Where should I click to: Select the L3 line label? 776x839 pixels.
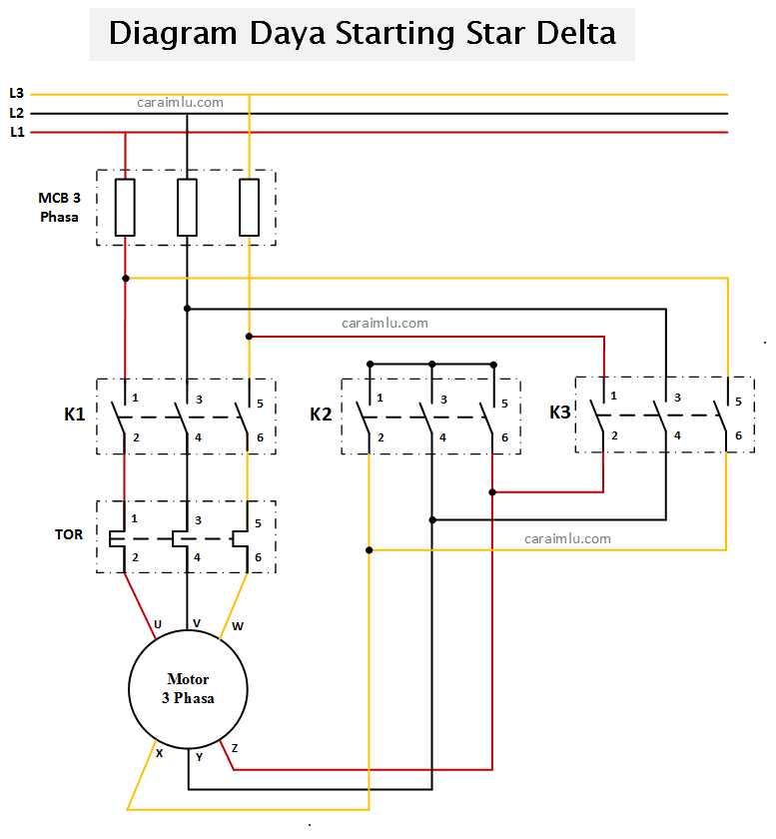(x=16, y=93)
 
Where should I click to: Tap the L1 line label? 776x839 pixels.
(x=16, y=132)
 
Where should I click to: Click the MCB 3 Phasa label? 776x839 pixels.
(x=60, y=207)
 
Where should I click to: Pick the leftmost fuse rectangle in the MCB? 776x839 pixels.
(x=125, y=208)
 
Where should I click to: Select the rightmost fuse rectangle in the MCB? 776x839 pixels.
(x=250, y=208)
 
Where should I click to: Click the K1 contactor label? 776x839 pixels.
(x=75, y=414)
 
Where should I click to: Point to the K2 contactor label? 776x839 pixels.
(x=321, y=414)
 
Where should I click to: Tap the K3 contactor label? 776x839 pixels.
(x=561, y=412)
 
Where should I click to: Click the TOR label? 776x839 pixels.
(x=69, y=534)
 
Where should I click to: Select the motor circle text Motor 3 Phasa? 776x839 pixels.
(x=188, y=688)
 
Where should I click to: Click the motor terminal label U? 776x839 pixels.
(x=157, y=625)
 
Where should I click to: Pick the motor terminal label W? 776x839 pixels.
(x=237, y=626)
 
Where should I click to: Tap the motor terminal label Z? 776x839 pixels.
(x=235, y=748)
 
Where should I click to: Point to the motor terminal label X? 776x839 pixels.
(x=159, y=753)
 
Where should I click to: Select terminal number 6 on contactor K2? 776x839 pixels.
(x=504, y=437)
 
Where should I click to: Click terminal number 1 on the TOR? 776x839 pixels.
(x=134, y=519)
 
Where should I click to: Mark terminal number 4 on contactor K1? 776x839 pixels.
(x=198, y=437)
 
